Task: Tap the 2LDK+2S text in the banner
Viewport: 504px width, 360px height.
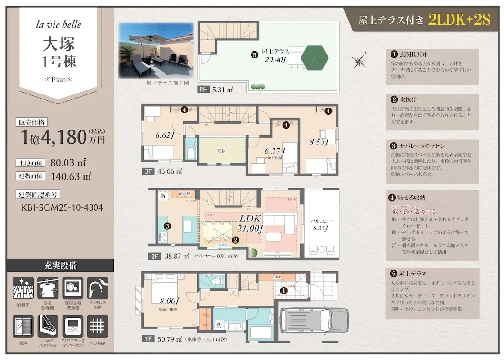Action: click(x=459, y=20)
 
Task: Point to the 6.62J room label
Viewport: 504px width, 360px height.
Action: click(x=165, y=135)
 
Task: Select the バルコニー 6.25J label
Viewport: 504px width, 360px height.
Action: click(x=320, y=225)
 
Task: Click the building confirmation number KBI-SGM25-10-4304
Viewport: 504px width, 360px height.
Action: click(x=62, y=208)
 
